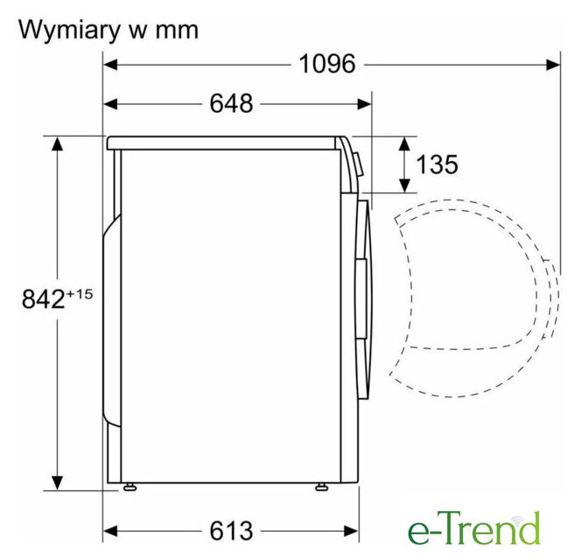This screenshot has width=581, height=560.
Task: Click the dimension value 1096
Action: click(327, 64)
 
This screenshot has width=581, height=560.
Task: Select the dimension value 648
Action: click(231, 103)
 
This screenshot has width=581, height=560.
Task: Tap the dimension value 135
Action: click(437, 164)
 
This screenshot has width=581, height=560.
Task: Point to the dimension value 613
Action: click(231, 531)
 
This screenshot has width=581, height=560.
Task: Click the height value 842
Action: click(44, 299)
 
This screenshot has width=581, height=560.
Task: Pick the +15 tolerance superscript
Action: click(79, 294)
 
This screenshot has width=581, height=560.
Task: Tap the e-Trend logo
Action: click(473, 528)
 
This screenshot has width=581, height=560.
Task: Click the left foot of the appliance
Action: click(129, 487)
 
